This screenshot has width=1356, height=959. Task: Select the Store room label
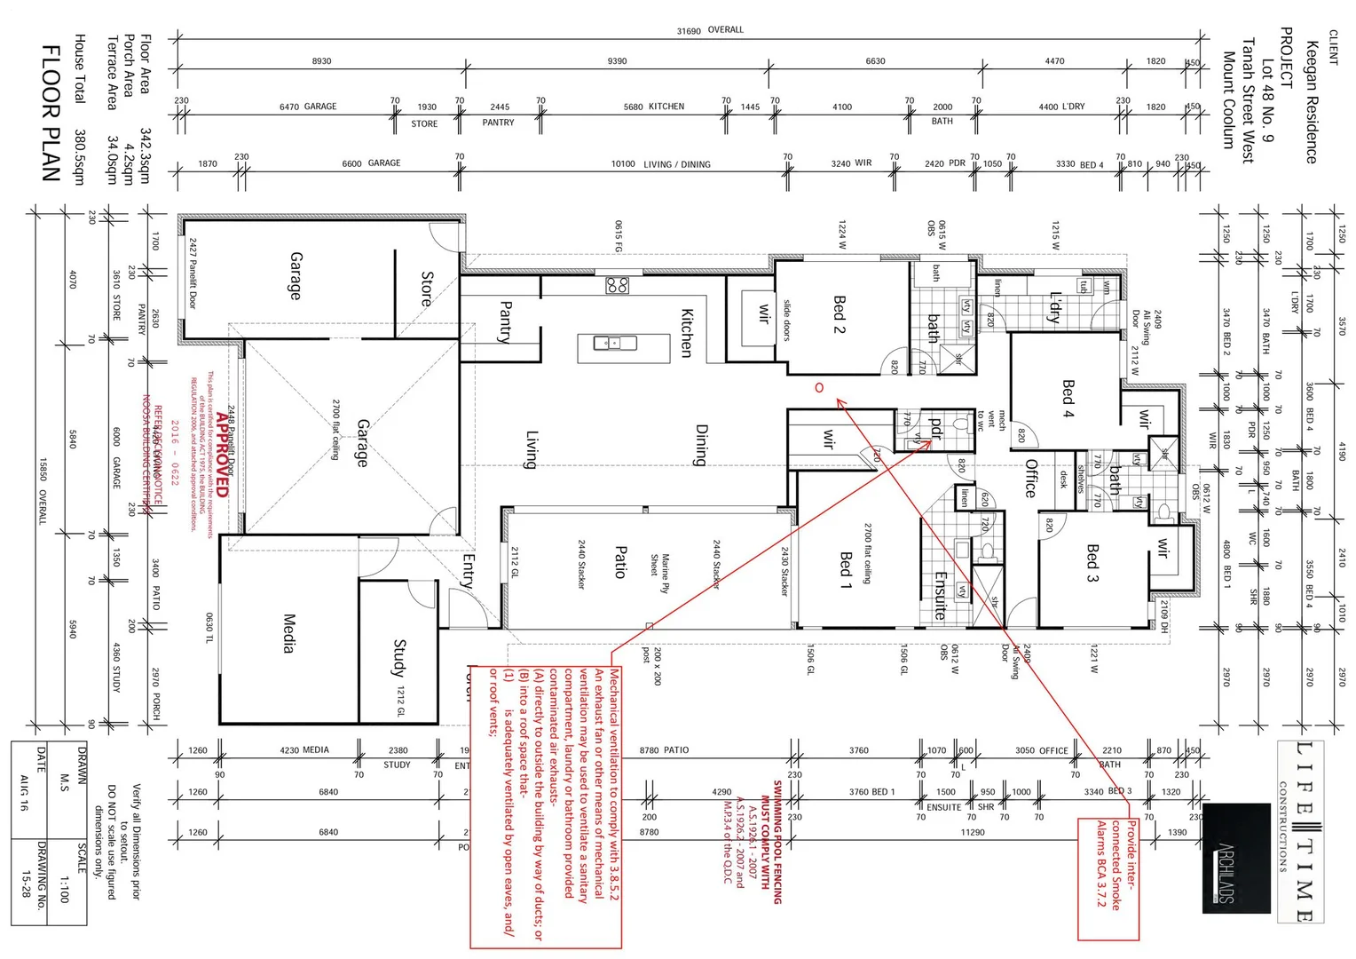[x=427, y=289]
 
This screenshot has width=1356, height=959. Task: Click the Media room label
[x=288, y=632]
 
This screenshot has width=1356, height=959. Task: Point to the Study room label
[x=399, y=657]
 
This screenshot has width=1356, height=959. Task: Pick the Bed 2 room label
[x=839, y=314]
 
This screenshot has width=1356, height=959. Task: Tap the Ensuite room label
[x=941, y=594]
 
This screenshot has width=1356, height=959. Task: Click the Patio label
[x=621, y=561]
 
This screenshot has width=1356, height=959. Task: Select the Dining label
[x=701, y=445]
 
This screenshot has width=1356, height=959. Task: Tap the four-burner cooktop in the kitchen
[x=618, y=285]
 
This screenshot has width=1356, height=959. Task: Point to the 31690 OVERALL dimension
[x=710, y=30]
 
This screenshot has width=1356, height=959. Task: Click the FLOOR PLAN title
[x=51, y=113]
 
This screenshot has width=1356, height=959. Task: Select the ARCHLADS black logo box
[x=1236, y=859]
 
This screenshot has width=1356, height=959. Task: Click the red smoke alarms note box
[x=1108, y=879]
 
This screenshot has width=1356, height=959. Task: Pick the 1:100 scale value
[x=63, y=888]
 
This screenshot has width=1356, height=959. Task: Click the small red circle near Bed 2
[x=819, y=387]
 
